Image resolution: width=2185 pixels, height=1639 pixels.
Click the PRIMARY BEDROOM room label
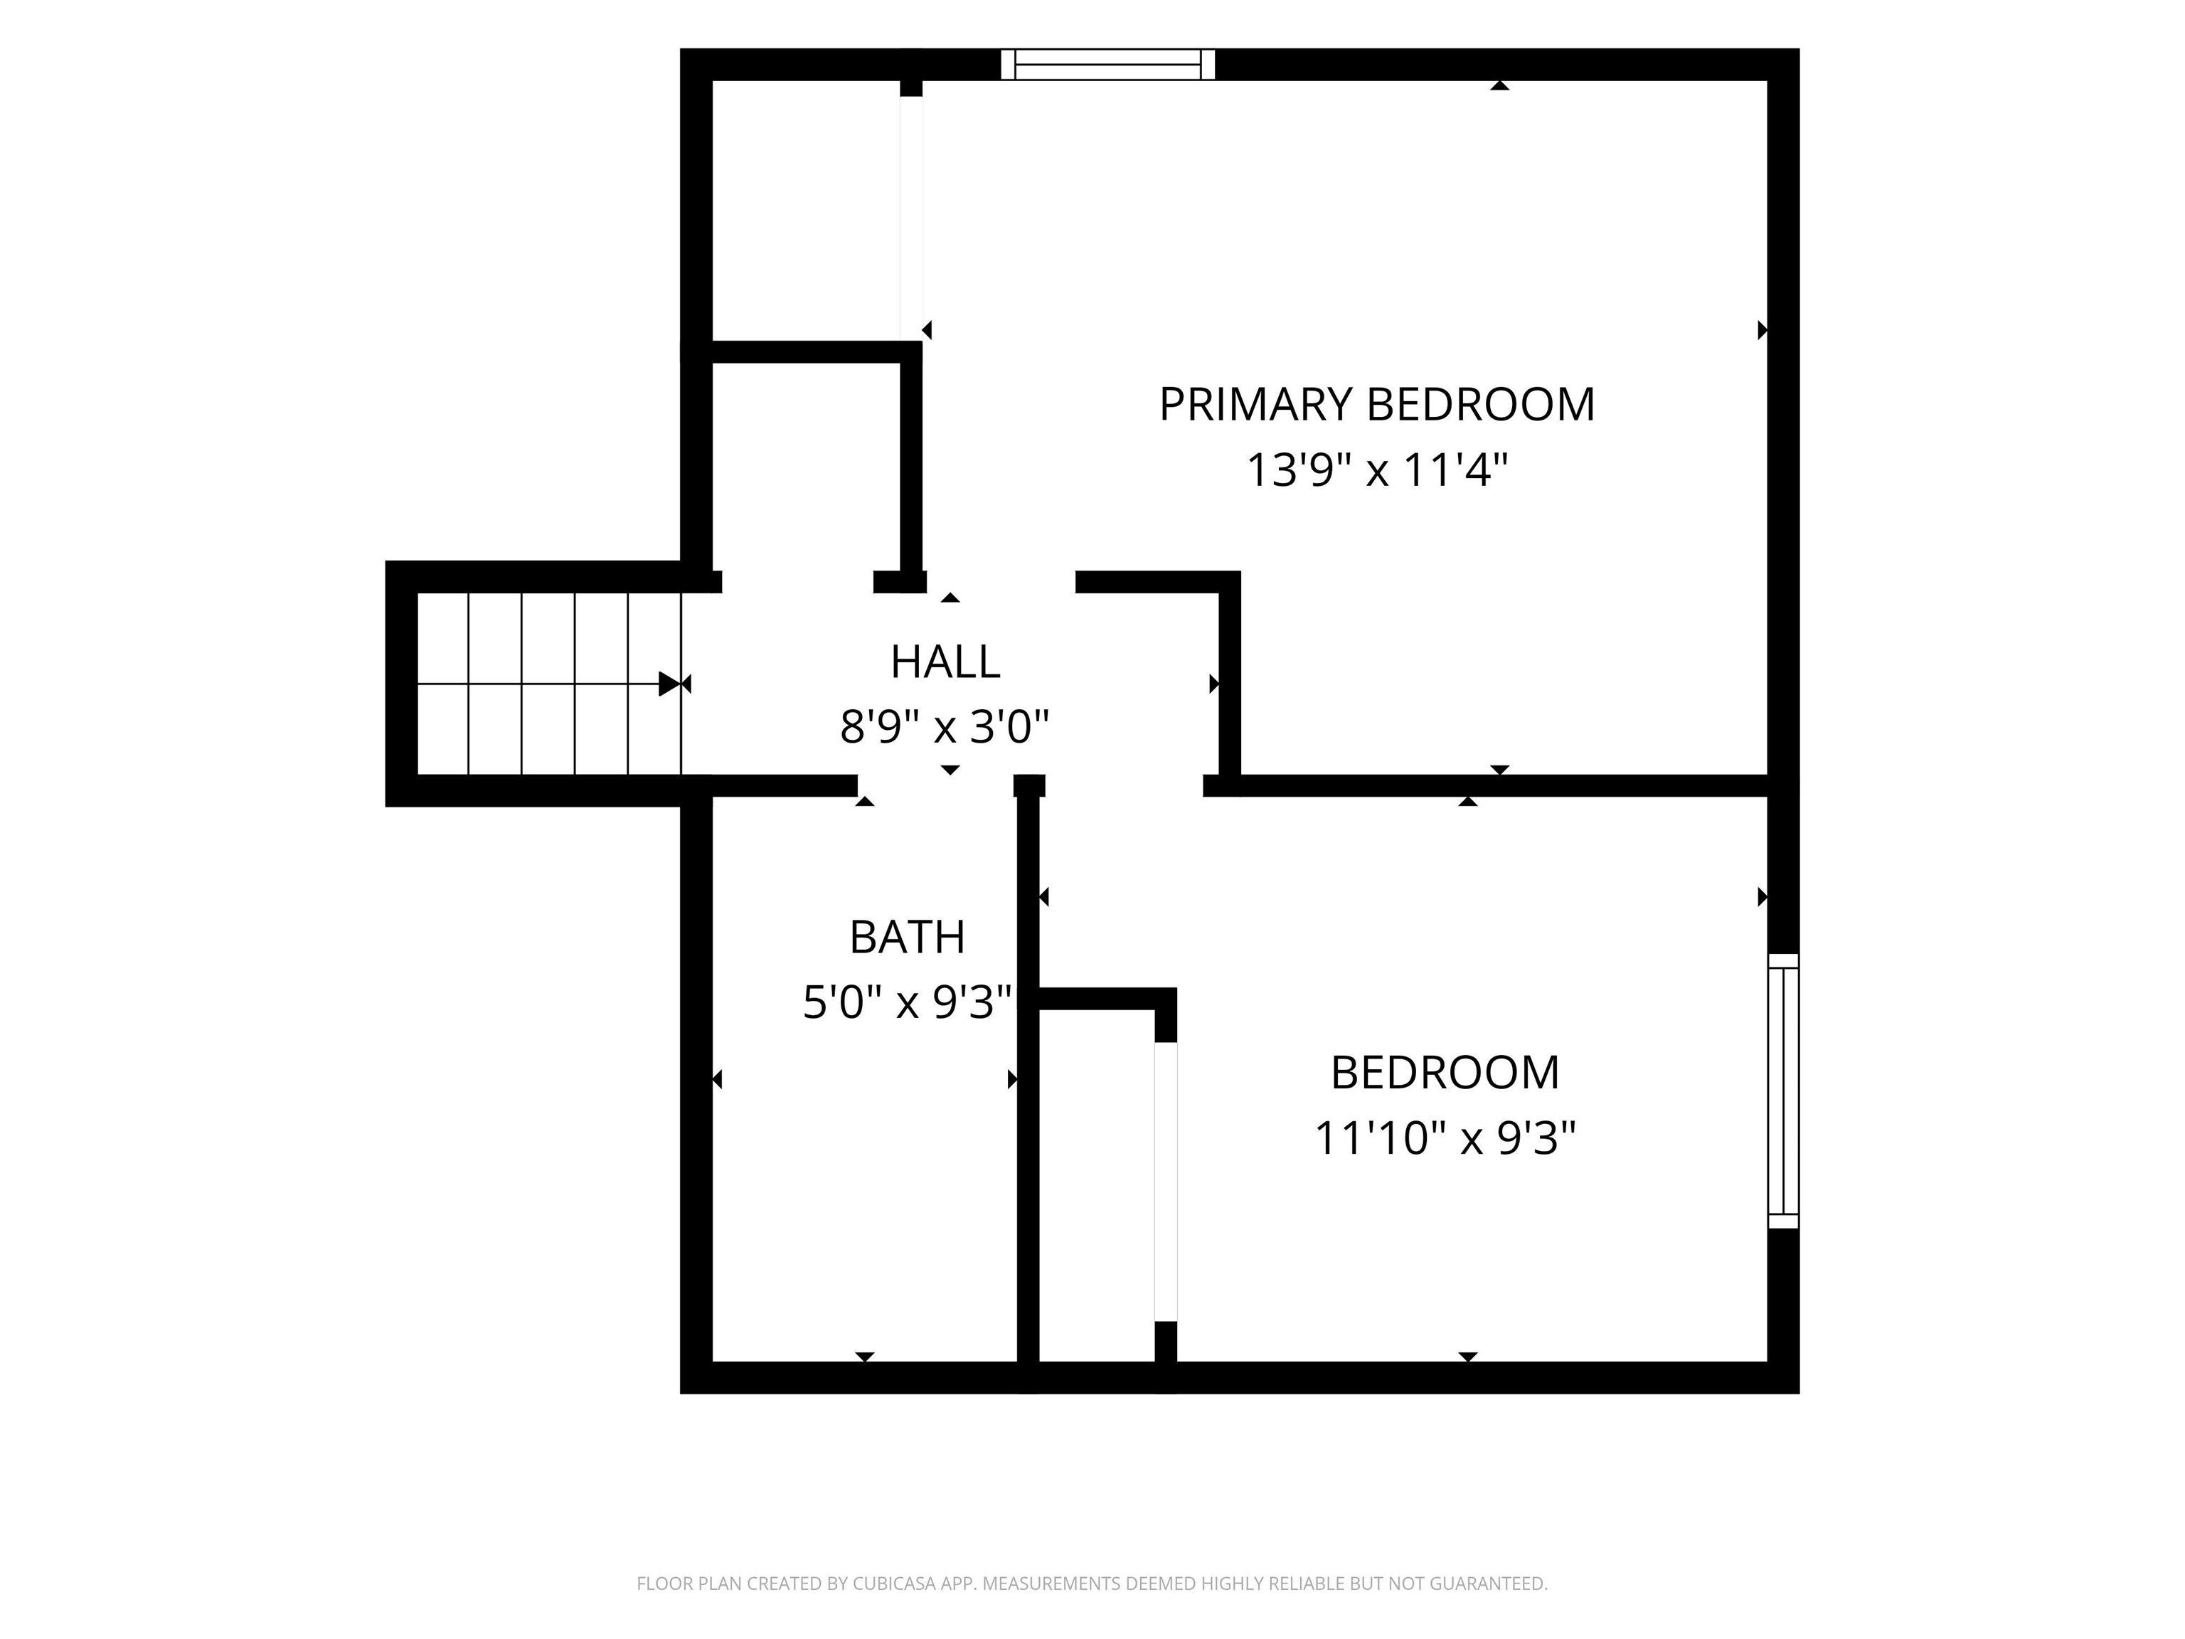point(1376,405)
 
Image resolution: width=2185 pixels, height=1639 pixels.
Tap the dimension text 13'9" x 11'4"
point(1377,470)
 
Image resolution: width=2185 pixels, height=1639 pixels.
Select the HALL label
point(945,662)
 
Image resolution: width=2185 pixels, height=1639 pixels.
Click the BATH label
point(907,937)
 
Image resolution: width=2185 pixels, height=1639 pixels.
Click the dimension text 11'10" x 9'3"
point(1444,1138)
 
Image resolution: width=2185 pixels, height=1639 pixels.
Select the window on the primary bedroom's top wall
point(1107,64)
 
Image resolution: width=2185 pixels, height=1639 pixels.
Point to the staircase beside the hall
point(549,684)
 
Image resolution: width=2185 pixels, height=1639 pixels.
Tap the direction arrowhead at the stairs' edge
point(670,684)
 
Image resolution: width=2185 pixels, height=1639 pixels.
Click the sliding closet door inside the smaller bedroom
point(1166,1182)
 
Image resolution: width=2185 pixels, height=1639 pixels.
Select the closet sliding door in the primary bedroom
point(910,218)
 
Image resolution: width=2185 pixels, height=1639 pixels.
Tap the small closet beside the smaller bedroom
point(1097,1186)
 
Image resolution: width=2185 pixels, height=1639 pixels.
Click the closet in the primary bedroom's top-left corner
point(806,211)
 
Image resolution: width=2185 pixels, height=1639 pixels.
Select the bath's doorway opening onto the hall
point(935,785)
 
